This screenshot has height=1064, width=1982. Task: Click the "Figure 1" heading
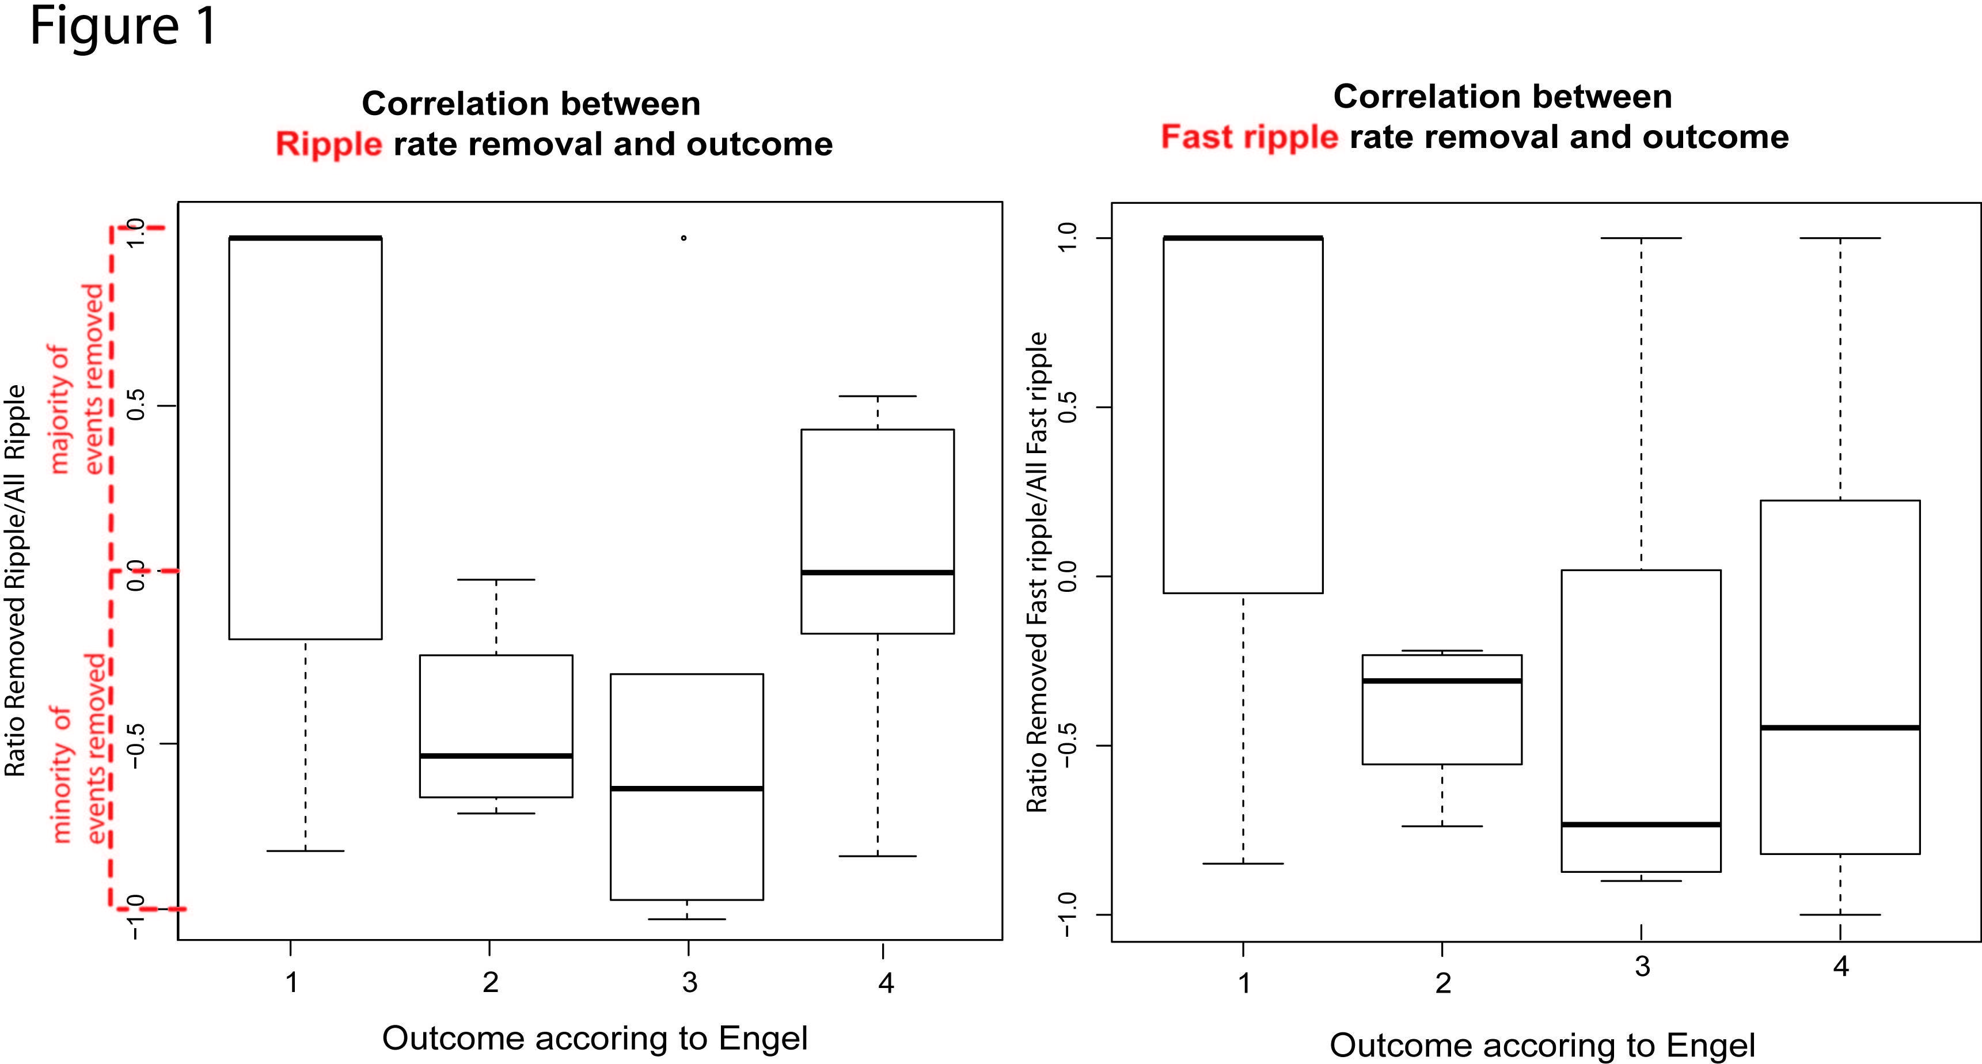pyautogui.click(x=123, y=27)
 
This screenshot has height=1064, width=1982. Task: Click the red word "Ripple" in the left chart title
pyautogui.click(x=329, y=145)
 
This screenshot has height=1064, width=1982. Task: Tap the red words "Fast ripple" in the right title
pyautogui.click(x=1250, y=138)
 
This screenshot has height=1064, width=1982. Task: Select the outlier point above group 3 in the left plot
pyautogui.click(x=684, y=238)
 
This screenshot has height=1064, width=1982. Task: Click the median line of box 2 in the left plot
pyautogui.click(x=496, y=755)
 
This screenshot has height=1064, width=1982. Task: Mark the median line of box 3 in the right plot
pyautogui.click(x=1641, y=824)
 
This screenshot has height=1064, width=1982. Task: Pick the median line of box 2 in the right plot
pyautogui.click(x=1442, y=680)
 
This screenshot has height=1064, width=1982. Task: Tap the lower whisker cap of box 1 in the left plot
pyautogui.click(x=305, y=850)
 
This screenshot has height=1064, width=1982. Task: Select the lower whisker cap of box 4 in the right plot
pyautogui.click(x=1840, y=915)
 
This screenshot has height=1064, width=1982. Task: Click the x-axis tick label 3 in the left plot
pyautogui.click(x=689, y=982)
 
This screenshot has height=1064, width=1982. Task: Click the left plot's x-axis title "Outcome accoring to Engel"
pyautogui.click(x=595, y=1038)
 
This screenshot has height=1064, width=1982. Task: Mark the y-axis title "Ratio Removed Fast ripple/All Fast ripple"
pyautogui.click(x=1037, y=572)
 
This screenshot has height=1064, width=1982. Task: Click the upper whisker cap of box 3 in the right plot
pyautogui.click(x=1641, y=238)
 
